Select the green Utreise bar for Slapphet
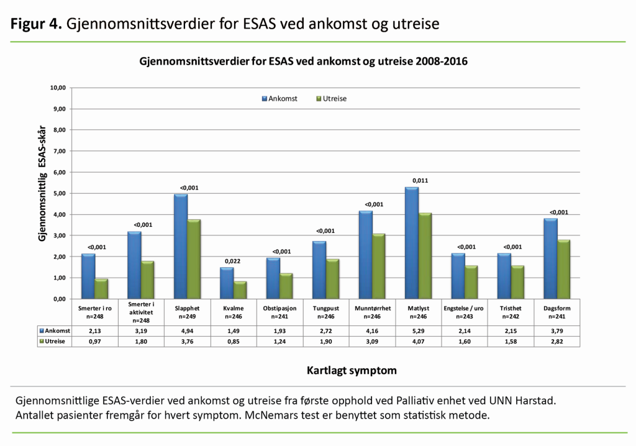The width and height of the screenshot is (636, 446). (194, 259)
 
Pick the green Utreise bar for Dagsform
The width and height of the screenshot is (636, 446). (563, 269)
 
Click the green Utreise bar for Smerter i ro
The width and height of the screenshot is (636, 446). (101, 288)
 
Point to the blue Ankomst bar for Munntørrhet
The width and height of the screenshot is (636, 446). (366, 255)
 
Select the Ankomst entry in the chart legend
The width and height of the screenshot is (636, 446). (279, 99)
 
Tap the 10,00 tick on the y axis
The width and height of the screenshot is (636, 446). (57, 88)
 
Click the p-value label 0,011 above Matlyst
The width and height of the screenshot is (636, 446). (420, 181)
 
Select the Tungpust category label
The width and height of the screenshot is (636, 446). (325, 308)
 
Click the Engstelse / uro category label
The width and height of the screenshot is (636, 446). (464, 308)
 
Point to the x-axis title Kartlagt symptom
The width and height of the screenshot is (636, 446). (352, 371)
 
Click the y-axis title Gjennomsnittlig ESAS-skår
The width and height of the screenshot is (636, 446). (43, 186)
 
